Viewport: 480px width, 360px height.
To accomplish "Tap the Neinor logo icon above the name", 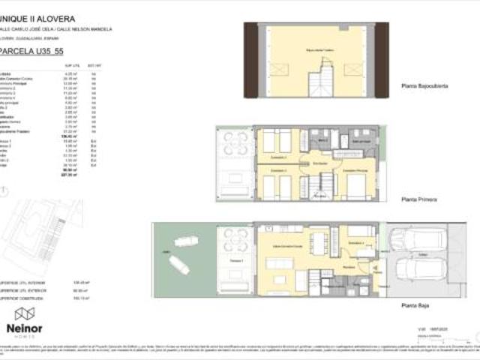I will pyautogui.click(x=25, y=313).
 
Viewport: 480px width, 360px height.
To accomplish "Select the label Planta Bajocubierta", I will pyautogui.click(x=424, y=87).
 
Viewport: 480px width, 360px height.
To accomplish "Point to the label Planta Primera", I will pyautogui.click(x=419, y=200).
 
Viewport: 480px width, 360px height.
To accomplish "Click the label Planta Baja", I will pyautogui.click(x=415, y=306).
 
